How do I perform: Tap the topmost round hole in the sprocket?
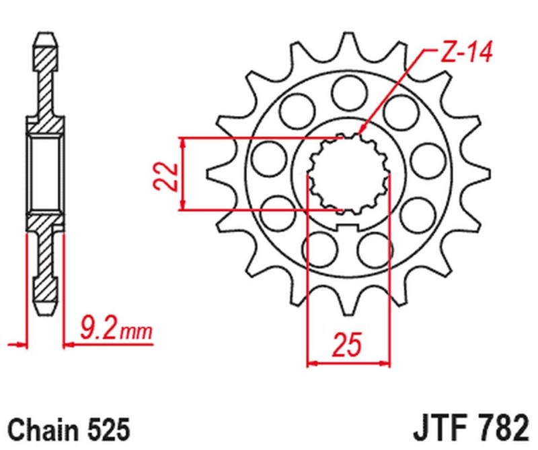point(347,90)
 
